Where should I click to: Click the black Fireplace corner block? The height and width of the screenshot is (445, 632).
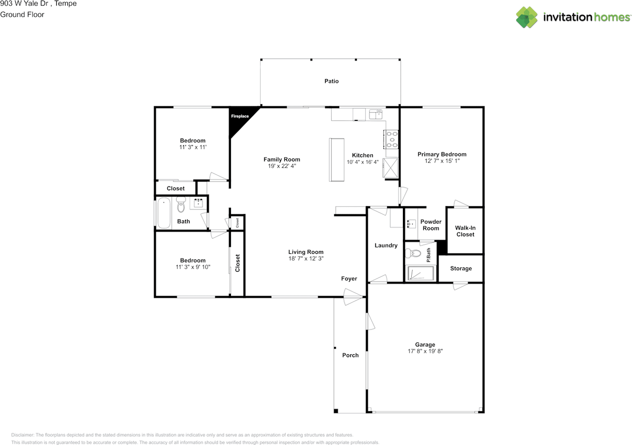239,118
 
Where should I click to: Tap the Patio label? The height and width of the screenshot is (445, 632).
331,81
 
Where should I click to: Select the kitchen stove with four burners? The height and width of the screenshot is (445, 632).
391,139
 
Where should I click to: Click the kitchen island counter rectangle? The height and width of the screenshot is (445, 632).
337,160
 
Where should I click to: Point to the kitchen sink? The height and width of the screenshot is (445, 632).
376,114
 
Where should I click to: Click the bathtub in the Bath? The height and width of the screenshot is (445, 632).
163,213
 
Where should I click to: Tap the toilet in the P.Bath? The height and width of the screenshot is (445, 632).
413,253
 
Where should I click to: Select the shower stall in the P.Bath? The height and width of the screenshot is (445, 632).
420,273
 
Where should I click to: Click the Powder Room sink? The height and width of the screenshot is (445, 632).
412,224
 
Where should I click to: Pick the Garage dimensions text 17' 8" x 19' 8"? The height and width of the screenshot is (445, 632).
425,351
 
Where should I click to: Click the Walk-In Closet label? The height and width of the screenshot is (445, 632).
465,231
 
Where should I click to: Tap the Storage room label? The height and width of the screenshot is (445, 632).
461,268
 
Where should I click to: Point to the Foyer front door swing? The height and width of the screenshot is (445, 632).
353,297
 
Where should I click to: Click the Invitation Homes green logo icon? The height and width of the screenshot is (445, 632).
527,17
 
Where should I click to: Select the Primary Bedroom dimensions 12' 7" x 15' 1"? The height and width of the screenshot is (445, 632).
442,161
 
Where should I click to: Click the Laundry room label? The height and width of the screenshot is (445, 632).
386,245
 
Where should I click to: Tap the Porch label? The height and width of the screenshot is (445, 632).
351,355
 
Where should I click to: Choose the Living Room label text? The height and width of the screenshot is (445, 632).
306,252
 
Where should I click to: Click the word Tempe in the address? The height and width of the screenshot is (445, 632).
66,3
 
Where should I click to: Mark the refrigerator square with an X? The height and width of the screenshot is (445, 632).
390,168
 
